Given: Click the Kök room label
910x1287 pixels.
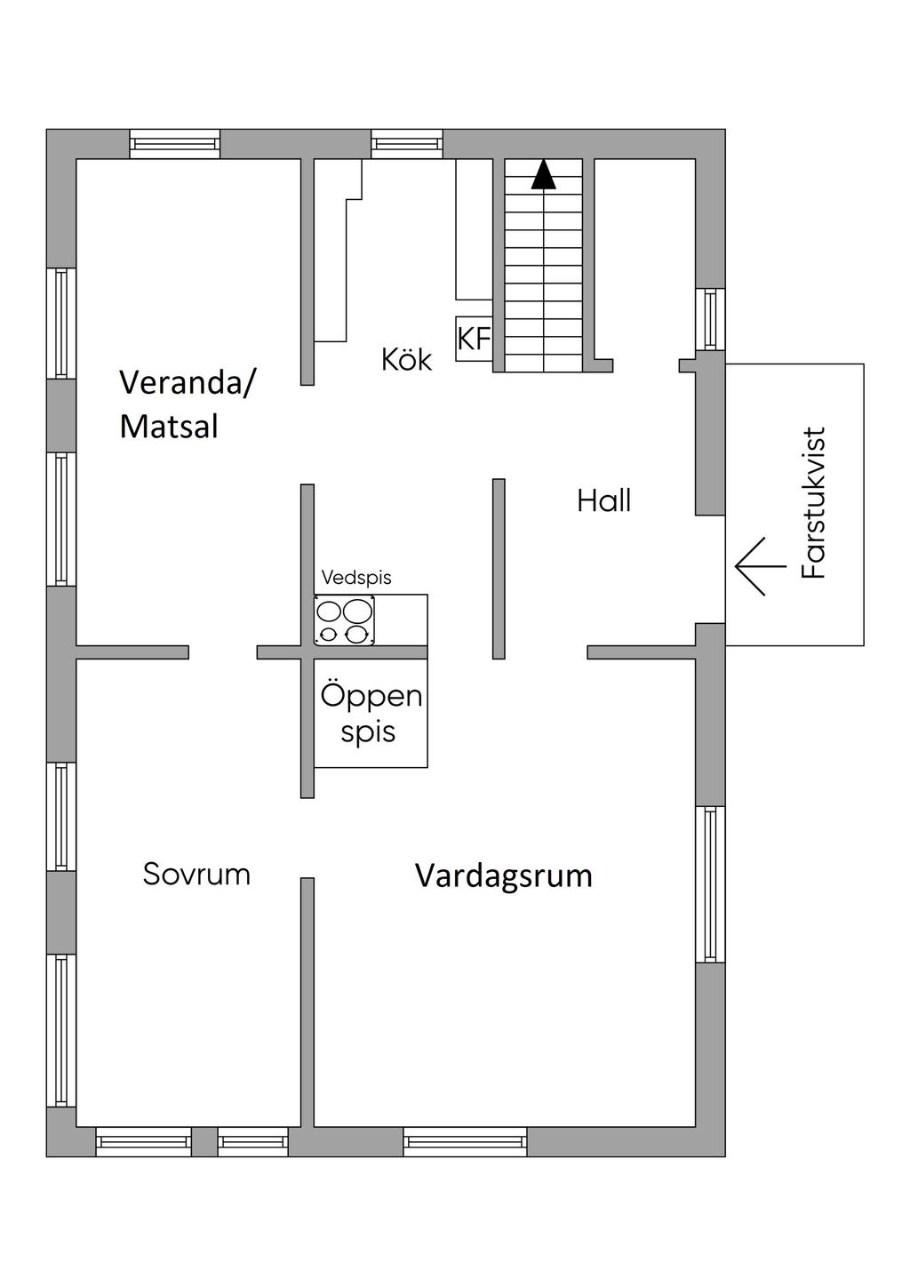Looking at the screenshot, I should pyautogui.click(x=406, y=360).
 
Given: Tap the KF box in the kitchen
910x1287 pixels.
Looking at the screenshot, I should pyautogui.click(x=474, y=339).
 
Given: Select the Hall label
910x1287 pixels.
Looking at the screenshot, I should pyautogui.click(x=603, y=501).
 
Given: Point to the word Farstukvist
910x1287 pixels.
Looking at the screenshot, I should pyautogui.click(x=813, y=503).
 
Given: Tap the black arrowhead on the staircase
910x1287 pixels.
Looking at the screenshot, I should pyautogui.click(x=543, y=174).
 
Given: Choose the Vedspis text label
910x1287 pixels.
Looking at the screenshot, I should pyautogui.click(x=356, y=578).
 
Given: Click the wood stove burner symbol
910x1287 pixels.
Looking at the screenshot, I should pyautogui.click(x=345, y=620).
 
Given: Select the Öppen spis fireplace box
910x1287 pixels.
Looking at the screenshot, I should pyautogui.click(x=371, y=714).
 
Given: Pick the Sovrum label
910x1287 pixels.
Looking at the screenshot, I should pyautogui.click(x=196, y=875).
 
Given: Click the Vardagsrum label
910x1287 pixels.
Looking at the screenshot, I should pyautogui.click(x=504, y=876).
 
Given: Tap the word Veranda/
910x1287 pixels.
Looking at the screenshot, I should pyautogui.click(x=187, y=382).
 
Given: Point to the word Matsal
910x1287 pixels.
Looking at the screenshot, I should pyautogui.click(x=169, y=427).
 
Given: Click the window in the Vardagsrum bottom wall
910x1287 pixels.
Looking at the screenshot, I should pyautogui.click(x=465, y=1141).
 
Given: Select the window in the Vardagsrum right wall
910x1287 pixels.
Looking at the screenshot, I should pyautogui.click(x=710, y=884).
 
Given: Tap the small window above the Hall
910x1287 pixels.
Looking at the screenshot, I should pyautogui.click(x=710, y=319).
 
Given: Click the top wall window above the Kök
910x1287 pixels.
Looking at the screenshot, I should pyautogui.click(x=406, y=143).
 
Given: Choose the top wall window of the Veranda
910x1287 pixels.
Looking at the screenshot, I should pyautogui.click(x=174, y=143).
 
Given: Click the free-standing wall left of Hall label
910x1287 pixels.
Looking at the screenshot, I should pyautogui.click(x=499, y=569).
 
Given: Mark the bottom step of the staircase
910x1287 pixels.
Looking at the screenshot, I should pyautogui.click(x=543, y=363).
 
